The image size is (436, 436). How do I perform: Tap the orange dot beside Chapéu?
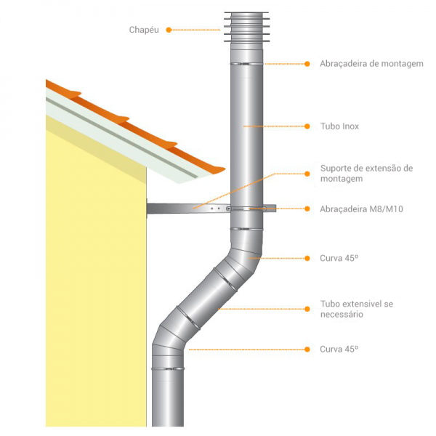tap(169, 30)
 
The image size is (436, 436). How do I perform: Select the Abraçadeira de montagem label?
tap(371, 64)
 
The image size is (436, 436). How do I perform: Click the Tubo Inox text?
tap(339, 126)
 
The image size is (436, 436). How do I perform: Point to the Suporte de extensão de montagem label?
tap(366, 173)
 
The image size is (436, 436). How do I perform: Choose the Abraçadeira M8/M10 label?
tap(361, 209)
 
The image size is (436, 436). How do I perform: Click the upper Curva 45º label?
tap(339, 258)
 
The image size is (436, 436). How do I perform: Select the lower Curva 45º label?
tap(339, 350)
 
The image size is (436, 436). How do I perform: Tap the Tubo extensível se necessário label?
tap(356, 309)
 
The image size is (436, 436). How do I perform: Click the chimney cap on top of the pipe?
tap(246, 29)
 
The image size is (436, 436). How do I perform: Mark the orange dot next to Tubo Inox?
tap(305, 126)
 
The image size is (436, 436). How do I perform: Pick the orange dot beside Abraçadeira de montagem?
tap(305, 64)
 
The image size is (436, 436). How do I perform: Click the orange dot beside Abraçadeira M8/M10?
tap(305, 209)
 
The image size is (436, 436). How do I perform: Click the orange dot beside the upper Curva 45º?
tap(305, 258)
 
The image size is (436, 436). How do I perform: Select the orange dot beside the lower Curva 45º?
tap(305, 350)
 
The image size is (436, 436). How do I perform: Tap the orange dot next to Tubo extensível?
tap(305, 309)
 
